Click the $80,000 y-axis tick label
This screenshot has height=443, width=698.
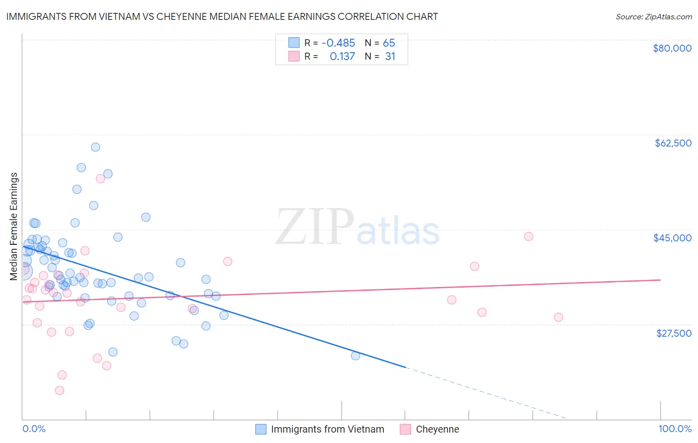pos(672,48)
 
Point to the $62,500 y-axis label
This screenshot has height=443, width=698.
pos(673,143)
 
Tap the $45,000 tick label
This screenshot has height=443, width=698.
pos(672,238)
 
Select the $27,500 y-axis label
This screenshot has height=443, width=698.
pos(674,333)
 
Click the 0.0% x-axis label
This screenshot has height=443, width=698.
pos(34,429)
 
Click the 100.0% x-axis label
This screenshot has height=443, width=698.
pos(675,429)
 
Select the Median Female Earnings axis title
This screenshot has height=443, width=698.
pos(14,226)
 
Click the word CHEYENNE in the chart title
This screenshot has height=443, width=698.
pos(199,16)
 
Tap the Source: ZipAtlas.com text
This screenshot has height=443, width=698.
pos(653,17)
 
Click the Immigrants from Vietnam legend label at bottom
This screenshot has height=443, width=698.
pos(327,429)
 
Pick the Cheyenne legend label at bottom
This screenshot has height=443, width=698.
pos(437,429)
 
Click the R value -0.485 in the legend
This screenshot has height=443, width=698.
pos(338,43)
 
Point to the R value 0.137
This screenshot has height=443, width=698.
pos(342,57)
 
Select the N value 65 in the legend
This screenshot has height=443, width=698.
pos(389,43)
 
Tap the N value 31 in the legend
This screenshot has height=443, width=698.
pos(390,57)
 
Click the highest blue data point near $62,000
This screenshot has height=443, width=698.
pos(95,147)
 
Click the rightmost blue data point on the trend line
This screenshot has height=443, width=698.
pos(355,356)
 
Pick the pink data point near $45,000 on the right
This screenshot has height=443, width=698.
pos(528,236)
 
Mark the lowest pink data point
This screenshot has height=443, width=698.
pos(60,390)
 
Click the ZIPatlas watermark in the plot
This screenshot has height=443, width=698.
pos(357,227)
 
